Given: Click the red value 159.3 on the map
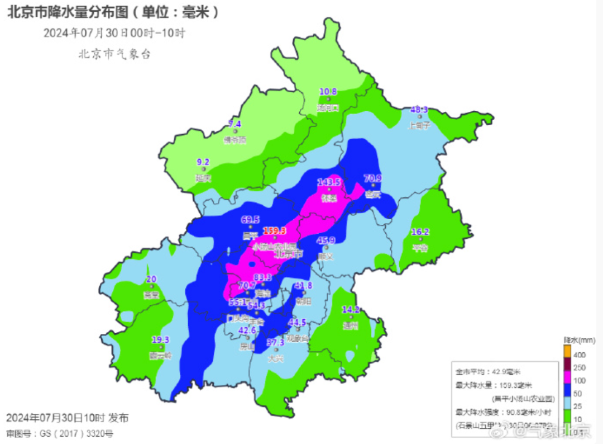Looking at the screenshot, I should pyautogui.click(x=274, y=230).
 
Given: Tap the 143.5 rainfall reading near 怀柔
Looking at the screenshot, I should pyautogui.click(x=329, y=182).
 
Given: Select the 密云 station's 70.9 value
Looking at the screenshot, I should pyautogui.click(x=372, y=178).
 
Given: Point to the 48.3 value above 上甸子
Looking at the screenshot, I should pyautogui.click(x=419, y=110).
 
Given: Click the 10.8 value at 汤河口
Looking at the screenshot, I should pyautogui.click(x=328, y=92).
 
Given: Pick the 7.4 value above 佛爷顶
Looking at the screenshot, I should pyautogui.click(x=234, y=124).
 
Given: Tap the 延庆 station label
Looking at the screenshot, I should pyautogui.click(x=203, y=178).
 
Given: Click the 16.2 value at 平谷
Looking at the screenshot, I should pyautogui.click(x=420, y=232).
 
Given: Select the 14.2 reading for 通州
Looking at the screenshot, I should pyautogui.click(x=351, y=309).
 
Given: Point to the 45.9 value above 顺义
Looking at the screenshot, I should pyautogui.click(x=326, y=240).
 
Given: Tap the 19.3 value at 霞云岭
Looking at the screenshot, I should pyautogui.click(x=160, y=339).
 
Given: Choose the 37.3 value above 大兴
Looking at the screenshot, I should pyautogui.click(x=275, y=342).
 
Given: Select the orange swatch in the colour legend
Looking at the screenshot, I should pyautogui.click(x=566, y=351).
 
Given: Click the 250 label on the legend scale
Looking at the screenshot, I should pyautogui.click(x=580, y=367).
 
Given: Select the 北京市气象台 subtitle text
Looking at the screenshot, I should pyautogui.click(x=114, y=54).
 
